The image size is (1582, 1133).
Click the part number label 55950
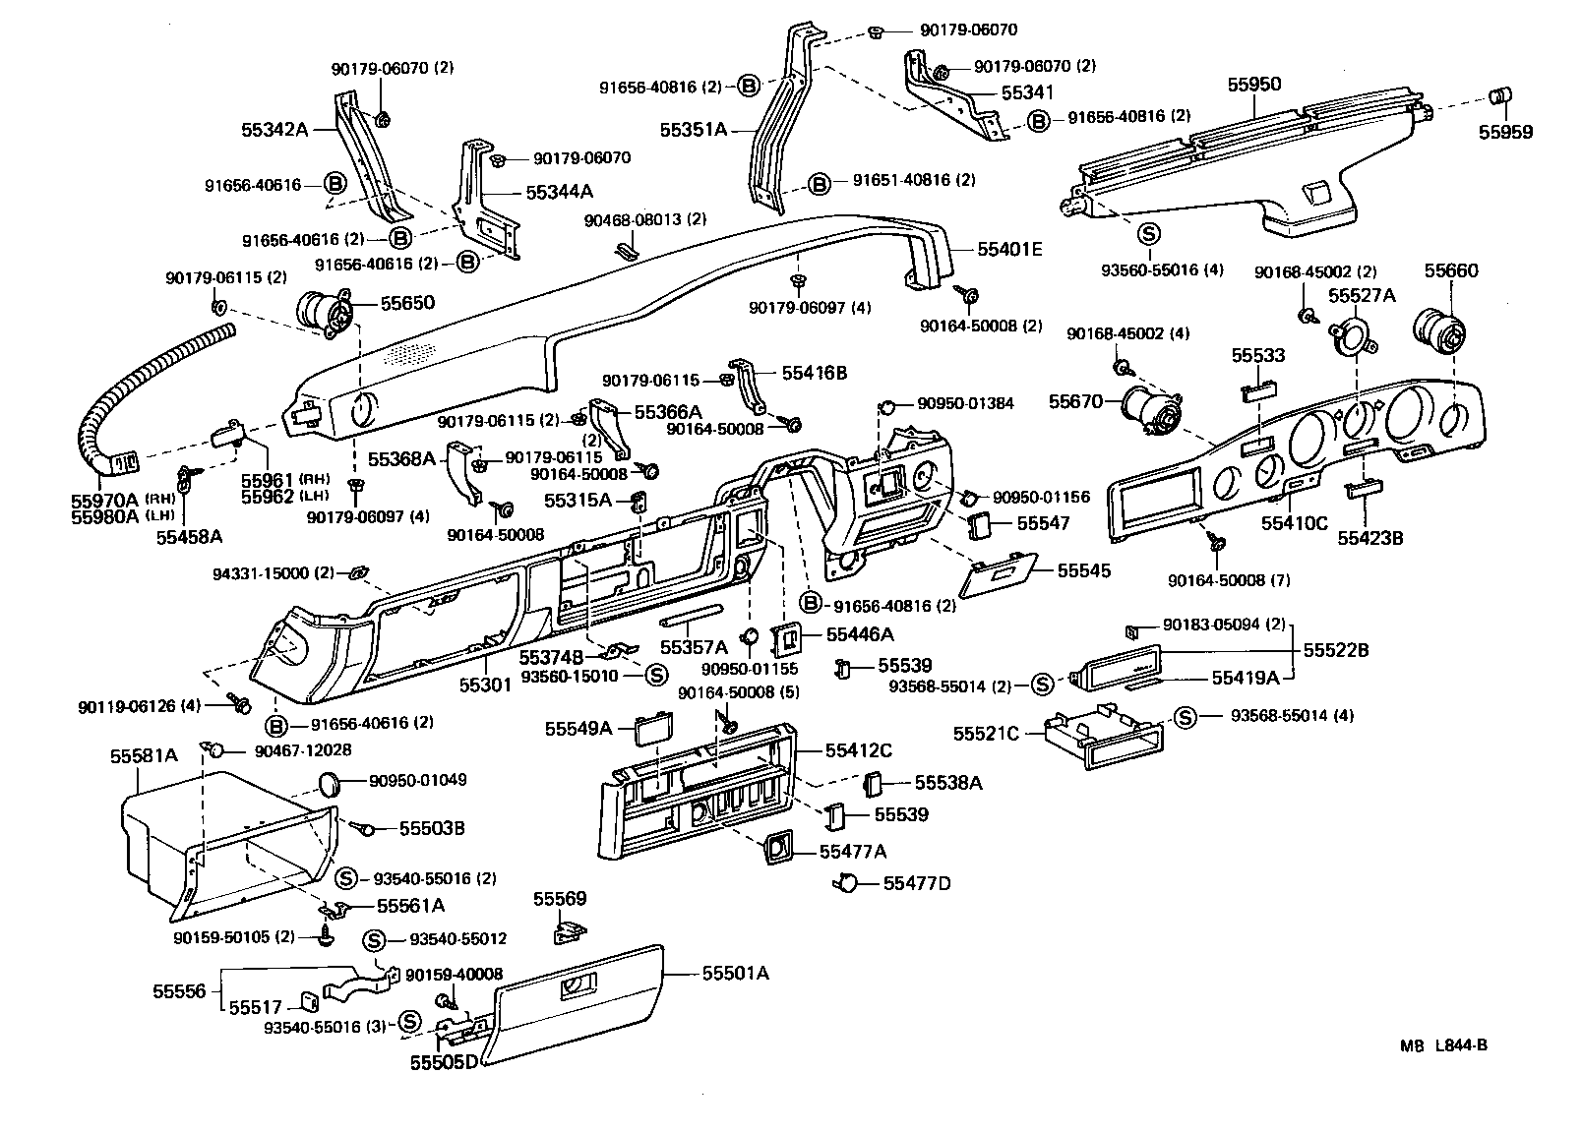(1253, 85)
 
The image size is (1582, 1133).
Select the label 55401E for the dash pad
(1008, 250)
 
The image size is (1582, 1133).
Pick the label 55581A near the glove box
(144, 756)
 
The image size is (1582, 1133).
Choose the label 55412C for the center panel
(859, 750)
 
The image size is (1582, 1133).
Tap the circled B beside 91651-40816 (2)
(819, 183)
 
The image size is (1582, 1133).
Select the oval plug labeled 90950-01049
(332, 783)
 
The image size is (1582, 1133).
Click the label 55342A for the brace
(275, 129)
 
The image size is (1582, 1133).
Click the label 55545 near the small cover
(1083, 570)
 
